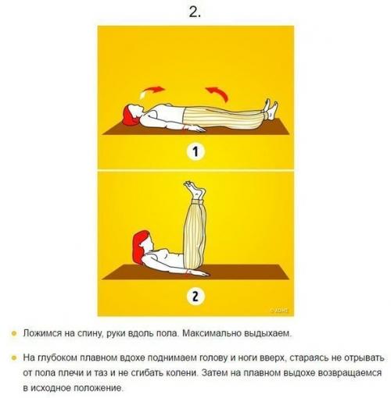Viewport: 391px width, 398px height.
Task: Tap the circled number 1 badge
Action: [195, 152]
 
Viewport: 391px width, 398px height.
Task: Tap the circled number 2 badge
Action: [195, 297]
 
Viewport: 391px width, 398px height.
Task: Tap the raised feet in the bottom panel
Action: [193, 189]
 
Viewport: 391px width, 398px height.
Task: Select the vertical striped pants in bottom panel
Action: [193, 230]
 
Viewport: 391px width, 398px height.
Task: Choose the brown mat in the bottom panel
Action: [195, 272]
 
